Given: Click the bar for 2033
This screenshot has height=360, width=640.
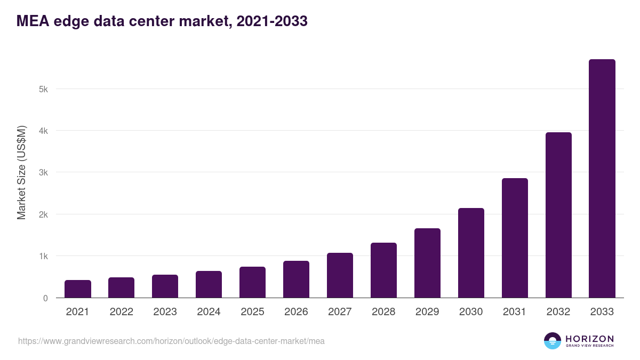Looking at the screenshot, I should click(x=602, y=179).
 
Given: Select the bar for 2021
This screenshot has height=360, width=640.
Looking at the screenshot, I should click(x=78, y=289).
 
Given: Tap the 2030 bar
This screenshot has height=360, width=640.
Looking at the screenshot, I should click(x=471, y=253).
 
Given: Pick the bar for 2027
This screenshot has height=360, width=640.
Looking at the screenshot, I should click(x=340, y=275).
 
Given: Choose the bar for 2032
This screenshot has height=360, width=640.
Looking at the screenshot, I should click(x=558, y=215).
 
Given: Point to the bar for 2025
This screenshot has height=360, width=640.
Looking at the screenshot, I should click(x=252, y=282).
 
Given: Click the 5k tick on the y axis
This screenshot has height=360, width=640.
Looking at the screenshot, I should click(x=43, y=89).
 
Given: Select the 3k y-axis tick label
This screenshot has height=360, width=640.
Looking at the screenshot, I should click(x=43, y=173).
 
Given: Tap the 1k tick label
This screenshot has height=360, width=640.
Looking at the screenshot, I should click(x=43, y=257).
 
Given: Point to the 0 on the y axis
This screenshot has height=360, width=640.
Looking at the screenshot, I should click(x=45, y=299).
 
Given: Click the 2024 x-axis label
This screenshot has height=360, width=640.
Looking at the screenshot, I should click(x=209, y=312).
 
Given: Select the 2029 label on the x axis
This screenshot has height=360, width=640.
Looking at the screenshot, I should click(x=427, y=312).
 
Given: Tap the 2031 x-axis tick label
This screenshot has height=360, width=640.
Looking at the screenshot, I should click(x=515, y=312).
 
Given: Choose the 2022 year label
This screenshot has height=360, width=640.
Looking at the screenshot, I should click(x=121, y=312).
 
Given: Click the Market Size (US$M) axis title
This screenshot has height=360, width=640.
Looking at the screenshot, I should click(x=21, y=173).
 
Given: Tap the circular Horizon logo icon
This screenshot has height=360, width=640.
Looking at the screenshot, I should click(x=553, y=341).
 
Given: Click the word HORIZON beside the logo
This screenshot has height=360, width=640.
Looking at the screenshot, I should click(x=589, y=339).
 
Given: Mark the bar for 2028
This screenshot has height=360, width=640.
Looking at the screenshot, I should click(x=383, y=270).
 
